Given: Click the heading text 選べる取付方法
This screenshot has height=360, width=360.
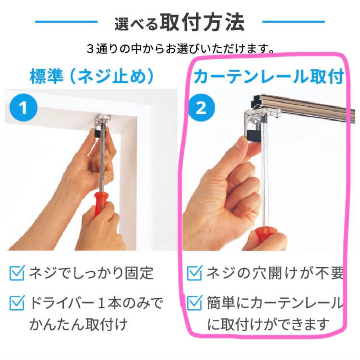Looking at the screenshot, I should [x=179, y=23].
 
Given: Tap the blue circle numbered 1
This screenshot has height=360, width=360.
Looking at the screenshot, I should [x=24, y=108].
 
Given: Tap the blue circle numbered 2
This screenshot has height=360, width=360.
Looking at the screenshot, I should [x=201, y=108].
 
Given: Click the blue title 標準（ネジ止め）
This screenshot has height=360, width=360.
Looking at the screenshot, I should [x=92, y=77].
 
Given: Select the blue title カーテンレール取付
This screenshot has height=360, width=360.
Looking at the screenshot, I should [x=268, y=77].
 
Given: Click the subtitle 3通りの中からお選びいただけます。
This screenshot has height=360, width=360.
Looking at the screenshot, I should [x=180, y=49].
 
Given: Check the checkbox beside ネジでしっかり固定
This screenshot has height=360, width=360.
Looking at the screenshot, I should [x=17, y=273].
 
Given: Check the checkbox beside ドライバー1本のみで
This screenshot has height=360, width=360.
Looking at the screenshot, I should [x=17, y=303].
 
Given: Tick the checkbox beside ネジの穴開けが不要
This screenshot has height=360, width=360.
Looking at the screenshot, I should [x=194, y=273].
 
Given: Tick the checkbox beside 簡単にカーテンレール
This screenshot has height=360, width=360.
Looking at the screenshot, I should [x=194, y=303].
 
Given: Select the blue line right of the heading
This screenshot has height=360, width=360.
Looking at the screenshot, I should [x=293, y=22].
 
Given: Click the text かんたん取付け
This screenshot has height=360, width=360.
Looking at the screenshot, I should [x=79, y=324].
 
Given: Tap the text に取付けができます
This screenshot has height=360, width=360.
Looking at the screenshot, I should [x=268, y=324].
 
